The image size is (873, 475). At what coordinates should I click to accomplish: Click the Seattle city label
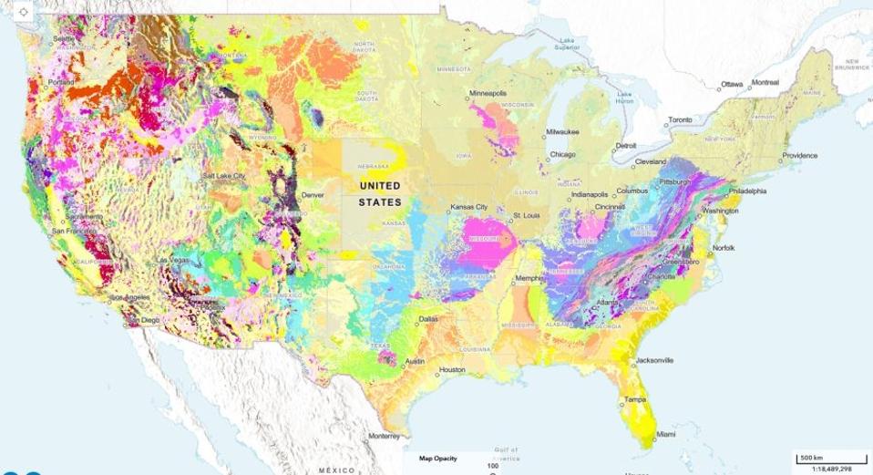[x=63, y=38]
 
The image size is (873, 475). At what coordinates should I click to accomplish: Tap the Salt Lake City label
[x=224, y=175]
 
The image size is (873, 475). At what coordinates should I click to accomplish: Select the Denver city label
[x=313, y=195]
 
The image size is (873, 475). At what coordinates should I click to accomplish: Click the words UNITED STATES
[x=379, y=193]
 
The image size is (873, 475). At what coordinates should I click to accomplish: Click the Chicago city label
[x=562, y=155]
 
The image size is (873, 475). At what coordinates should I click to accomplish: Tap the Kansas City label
[x=470, y=208]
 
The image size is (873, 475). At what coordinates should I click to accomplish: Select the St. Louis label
[x=527, y=216]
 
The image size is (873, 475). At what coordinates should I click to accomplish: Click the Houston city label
[x=452, y=370]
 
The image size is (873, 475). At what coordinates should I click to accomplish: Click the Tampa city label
[x=635, y=399]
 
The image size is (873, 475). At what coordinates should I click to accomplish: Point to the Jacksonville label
[x=653, y=360]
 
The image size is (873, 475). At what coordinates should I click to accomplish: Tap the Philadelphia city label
[x=746, y=191]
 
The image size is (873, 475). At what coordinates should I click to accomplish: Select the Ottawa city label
[x=733, y=84]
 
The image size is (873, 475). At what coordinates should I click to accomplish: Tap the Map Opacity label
[x=437, y=458]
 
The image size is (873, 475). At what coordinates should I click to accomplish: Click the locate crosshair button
[x=23, y=12]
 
